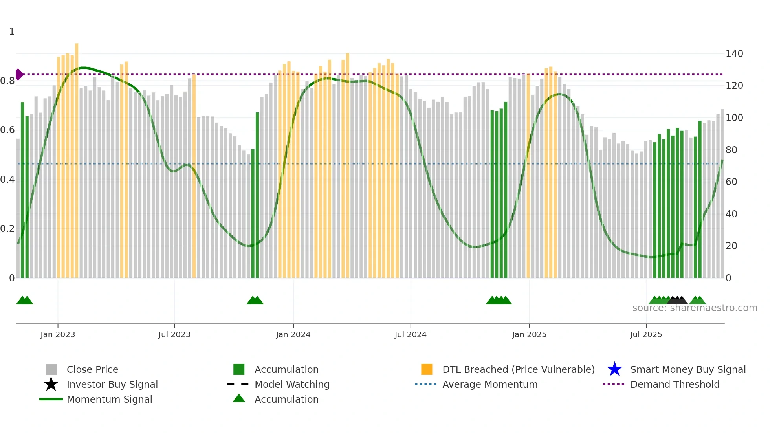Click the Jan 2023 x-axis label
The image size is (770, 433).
pos(57,334)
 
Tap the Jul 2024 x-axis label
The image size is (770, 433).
pos(411,334)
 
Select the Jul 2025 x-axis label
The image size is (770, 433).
pos(646,334)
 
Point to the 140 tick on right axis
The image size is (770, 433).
pos(734,54)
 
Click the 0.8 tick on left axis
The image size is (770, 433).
pos(8,81)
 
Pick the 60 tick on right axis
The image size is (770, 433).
pos(731,182)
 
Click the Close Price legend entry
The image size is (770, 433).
pos(92,369)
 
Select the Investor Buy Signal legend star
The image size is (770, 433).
pos(51,384)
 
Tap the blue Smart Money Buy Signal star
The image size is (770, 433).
pos(614,369)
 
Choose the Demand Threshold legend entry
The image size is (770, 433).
pos(675,384)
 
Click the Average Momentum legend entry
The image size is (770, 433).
pos(489,384)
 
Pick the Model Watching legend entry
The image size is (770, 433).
pos(291,384)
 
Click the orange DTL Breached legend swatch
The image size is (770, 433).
pos(427,369)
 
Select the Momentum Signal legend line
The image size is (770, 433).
pos(51,399)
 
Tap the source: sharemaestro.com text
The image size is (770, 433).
pos(695,308)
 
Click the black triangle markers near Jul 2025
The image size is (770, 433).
pos(677,301)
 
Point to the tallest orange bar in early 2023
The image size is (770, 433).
pos(77,157)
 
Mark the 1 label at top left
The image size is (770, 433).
pos(12,31)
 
